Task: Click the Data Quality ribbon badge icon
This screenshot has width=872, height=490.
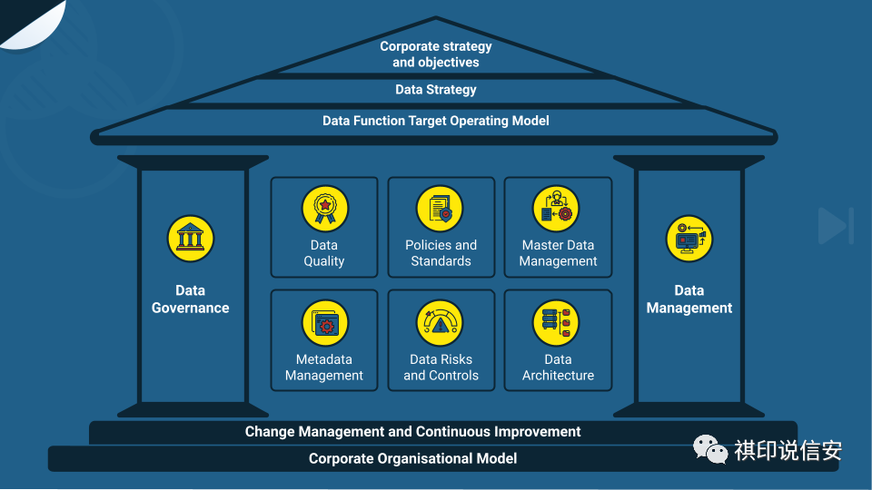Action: click(x=324, y=209)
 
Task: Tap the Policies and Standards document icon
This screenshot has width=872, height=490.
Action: click(x=441, y=209)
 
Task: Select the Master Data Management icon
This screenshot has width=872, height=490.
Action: click(x=557, y=209)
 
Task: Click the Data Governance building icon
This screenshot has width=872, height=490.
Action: click(x=191, y=239)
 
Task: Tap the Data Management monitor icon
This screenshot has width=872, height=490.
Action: click(x=689, y=239)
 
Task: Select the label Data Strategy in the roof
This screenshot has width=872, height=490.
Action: click(x=436, y=90)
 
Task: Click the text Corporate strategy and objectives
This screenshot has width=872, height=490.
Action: click(x=436, y=54)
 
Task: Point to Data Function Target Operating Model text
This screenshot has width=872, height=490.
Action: click(x=436, y=121)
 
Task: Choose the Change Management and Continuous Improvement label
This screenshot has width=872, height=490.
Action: click(x=413, y=432)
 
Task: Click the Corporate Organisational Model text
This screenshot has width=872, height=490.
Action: click(x=413, y=458)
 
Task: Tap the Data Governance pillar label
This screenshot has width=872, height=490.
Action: click(x=191, y=299)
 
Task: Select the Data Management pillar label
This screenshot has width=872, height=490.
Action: click(x=689, y=299)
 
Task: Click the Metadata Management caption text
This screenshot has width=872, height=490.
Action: click(x=324, y=367)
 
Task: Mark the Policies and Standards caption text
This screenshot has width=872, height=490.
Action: click(x=441, y=253)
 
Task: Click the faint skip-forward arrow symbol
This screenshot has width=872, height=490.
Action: click(x=835, y=226)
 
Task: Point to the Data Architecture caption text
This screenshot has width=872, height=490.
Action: click(x=558, y=367)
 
